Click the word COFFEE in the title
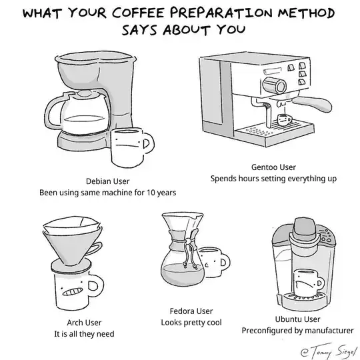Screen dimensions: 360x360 click(137, 13)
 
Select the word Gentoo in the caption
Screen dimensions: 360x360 click(263, 167)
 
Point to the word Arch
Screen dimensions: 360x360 click(75, 323)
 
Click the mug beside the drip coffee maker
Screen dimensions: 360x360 click(131, 147)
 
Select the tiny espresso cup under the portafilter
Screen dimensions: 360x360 click(285, 119)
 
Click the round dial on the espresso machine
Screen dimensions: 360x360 click(275, 85)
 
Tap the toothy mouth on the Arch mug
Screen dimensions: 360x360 click(73, 291)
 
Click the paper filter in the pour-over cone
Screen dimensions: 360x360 click(72, 225)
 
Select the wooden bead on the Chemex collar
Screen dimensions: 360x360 click(188, 241)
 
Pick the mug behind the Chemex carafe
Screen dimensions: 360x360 click(215, 262)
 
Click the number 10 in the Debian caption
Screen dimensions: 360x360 click(151, 193)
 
